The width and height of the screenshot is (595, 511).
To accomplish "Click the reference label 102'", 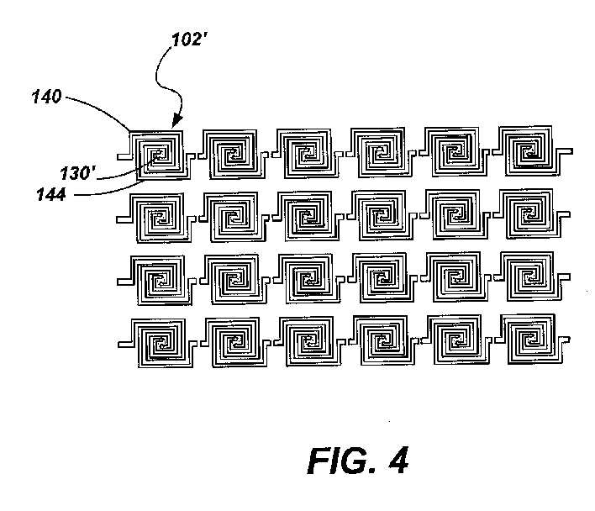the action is click(189, 40).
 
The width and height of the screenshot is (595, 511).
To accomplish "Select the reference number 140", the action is click(46, 97).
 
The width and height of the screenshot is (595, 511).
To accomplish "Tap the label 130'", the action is click(77, 173).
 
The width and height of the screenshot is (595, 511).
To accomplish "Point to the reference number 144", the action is click(51, 194).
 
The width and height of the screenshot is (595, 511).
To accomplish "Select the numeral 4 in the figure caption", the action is click(398, 461).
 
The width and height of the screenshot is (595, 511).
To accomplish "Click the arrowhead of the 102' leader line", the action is click(176, 123).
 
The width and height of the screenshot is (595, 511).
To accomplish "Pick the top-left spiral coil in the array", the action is click(159, 155).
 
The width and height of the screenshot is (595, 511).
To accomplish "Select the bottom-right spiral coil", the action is click(532, 339).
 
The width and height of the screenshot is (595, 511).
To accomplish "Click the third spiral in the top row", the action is click(307, 153).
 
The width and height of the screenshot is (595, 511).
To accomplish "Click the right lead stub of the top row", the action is click(566, 151).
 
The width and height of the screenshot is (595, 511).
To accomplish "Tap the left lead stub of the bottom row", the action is click(125, 344).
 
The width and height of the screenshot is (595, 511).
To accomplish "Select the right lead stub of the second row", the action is click(565, 214).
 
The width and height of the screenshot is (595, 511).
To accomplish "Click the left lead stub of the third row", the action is click(124, 282).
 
